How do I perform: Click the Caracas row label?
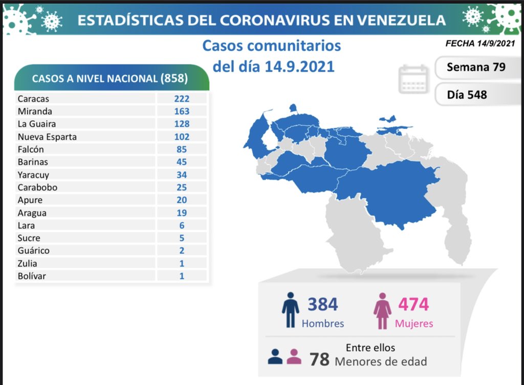coord(33,99)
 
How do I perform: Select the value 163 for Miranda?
coord(181,111)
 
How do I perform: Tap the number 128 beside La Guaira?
coord(181,124)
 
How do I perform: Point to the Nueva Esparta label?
coord(47,137)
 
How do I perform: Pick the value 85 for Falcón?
coord(181,149)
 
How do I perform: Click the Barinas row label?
coord(32,162)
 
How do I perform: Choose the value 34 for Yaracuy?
coord(181,175)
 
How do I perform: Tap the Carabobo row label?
coord(37,187)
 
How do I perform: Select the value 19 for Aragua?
coord(181,213)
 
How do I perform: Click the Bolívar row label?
coord(31,276)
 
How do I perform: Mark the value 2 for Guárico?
coord(182,251)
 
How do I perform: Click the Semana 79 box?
coord(476,67)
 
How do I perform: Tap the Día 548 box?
coord(467,95)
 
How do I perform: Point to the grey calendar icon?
coord(413,79)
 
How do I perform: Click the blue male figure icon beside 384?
coord(290,310)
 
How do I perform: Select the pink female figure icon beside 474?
coord(382,311)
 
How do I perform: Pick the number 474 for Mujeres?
coord(413,304)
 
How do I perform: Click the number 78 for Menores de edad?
coord(319,359)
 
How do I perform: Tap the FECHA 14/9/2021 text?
coord(479,44)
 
